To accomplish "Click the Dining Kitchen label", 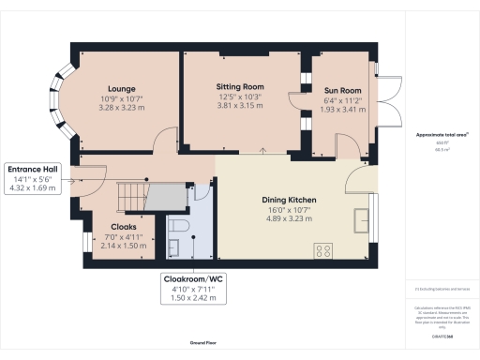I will [x=288, y=200].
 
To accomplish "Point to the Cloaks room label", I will [x=125, y=226].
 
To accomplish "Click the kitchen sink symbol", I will [x=361, y=219].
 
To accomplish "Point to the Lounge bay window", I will [x=63, y=102].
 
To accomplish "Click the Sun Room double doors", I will [x=384, y=102].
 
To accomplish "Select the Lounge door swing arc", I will [x=165, y=141].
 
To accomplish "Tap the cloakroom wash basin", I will [x=174, y=247].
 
